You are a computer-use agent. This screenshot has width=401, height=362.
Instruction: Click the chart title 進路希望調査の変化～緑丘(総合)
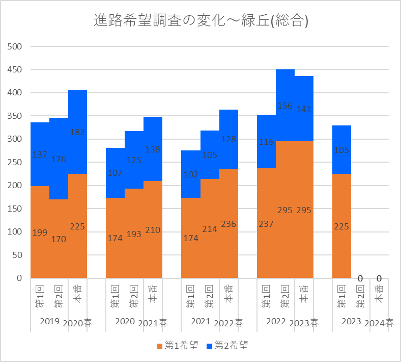click(x=202, y=21)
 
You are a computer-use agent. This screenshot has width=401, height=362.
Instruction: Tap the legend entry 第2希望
click(x=228, y=346)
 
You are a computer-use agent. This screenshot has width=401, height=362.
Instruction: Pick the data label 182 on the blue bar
click(x=77, y=133)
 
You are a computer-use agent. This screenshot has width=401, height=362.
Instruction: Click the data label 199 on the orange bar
click(x=40, y=232)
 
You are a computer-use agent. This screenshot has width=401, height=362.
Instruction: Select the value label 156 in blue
click(x=285, y=106)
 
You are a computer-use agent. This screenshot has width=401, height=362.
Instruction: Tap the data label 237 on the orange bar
click(x=266, y=224)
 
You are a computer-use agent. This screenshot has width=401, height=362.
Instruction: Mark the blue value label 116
click(x=266, y=142)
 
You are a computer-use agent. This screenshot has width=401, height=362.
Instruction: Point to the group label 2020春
click(x=77, y=323)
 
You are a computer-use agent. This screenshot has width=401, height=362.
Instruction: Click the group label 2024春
click(x=379, y=323)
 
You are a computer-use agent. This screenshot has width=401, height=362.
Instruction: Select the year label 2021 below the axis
click(x=200, y=321)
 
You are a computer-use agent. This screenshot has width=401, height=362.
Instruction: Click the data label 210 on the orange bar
click(x=153, y=230)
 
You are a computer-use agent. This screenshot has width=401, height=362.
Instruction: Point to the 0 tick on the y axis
click(x=19, y=278)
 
